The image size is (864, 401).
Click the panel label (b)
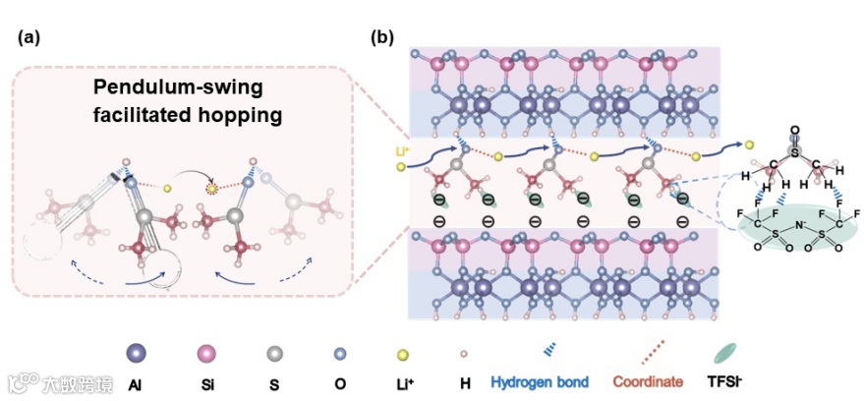pyautogui.click(x=382, y=38)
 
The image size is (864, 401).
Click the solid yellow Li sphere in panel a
pyautogui.click(x=168, y=188)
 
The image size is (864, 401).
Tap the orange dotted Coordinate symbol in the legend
pyautogui.click(x=647, y=351)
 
